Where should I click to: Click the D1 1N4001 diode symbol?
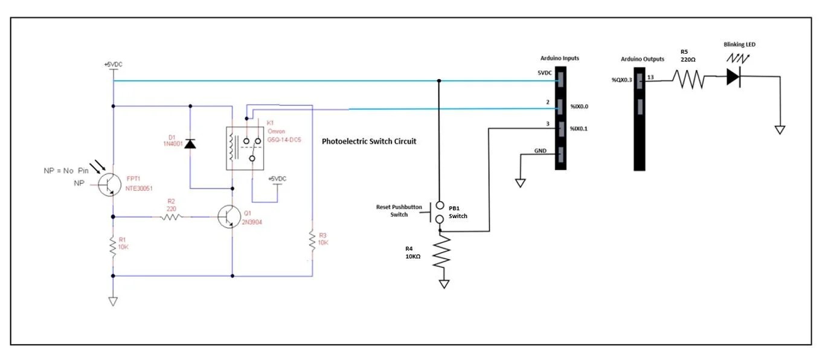point(190,144)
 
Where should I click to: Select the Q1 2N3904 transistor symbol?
point(228,216)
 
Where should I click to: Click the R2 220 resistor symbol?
point(171,216)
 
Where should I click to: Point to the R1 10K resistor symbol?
point(112,246)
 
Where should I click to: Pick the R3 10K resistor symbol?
point(312,240)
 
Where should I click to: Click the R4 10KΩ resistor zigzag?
point(444,253)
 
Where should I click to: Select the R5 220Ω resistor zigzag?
point(689,79)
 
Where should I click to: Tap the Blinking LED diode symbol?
point(734,77)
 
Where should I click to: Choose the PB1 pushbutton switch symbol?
point(439,212)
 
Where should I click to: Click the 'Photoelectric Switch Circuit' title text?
point(369,141)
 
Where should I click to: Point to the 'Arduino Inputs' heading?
point(559,59)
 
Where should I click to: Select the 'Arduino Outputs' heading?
point(643,59)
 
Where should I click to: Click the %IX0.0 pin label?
point(579,107)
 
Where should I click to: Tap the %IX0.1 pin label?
point(579,129)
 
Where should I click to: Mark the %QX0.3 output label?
point(622,79)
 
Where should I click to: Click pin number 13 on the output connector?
point(650,77)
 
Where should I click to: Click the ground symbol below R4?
point(444,284)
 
